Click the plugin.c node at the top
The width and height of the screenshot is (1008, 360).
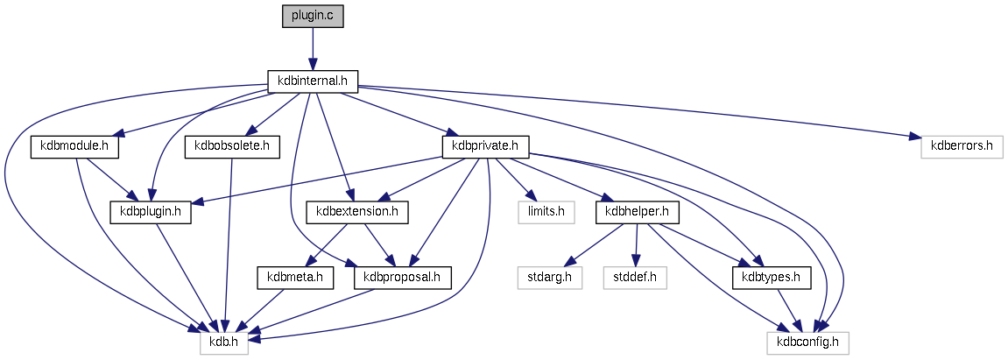pyautogui.click(x=313, y=17)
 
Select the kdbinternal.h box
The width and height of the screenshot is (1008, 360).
pyautogui.click(x=313, y=81)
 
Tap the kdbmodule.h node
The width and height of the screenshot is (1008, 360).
pyautogui.click(x=74, y=146)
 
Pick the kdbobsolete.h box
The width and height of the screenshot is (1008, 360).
pyautogui.click(x=231, y=146)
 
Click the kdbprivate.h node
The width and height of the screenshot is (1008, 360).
pyautogui.click(x=485, y=146)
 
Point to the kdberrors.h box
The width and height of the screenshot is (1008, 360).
pyautogui.click(x=960, y=146)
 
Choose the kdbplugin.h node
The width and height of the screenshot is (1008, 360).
pyautogui.click(x=150, y=211)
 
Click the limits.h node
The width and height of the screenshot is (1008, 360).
pyautogui.click(x=539, y=211)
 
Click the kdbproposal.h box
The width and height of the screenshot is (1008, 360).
pyautogui.click(x=402, y=278)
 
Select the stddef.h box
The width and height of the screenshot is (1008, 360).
pyautogui.click(x=635, y=278)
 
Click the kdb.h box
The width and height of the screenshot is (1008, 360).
pyautogui.click(x=224, y=342)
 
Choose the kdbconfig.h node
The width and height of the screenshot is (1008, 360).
pyautogui.click(x=807, y=342)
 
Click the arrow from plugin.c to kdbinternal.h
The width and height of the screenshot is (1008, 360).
pyautogui.click(x=313, y=48)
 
